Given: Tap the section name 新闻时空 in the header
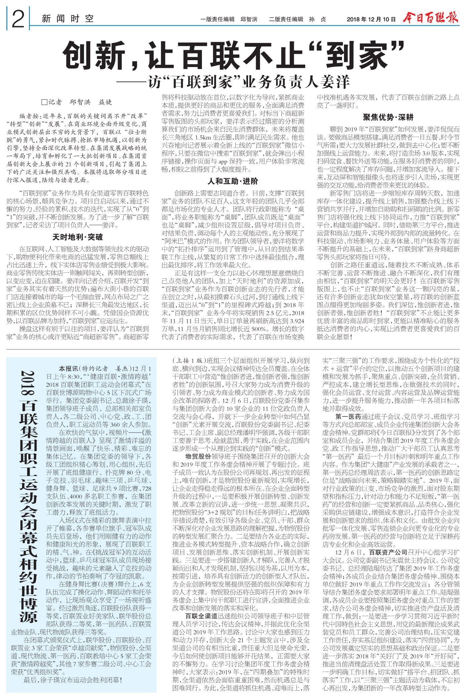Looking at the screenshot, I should click(x=68, y=19).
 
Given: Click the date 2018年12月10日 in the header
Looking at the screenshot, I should click(x=371, y=19).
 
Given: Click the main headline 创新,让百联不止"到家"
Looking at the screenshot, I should click(x=233, y=54).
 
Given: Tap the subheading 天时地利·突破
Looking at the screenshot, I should click(x=78, y=237).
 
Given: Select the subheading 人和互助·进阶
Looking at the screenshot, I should click(x=233, y=181).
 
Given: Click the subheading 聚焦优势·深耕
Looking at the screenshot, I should click(x=388, y=117).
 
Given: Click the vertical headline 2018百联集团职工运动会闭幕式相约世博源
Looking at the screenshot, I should click(x=28, y=495).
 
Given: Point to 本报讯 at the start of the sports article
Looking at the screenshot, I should click(x=68, y=369).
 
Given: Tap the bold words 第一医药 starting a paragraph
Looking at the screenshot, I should click(x=348, y=417).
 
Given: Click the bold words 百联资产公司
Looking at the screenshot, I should click(x=388, y=552).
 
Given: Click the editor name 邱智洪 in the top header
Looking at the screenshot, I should click(x=249, y=19).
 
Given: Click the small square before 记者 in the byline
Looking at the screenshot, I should click(x=44, y=102).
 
